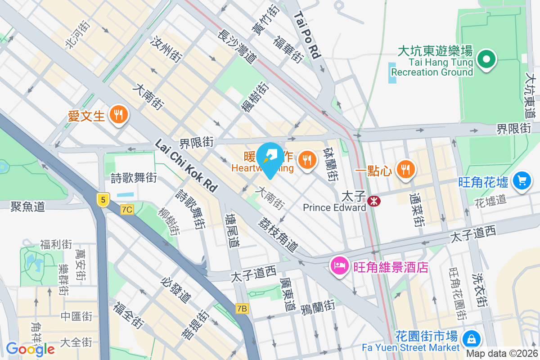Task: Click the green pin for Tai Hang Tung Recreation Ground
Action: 486,59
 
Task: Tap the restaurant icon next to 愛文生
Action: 119,115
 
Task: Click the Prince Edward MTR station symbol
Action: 373,201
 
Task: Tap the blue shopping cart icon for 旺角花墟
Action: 522,181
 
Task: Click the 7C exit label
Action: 127,210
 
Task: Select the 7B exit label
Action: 242,309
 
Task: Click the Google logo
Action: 30,349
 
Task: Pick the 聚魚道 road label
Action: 28,207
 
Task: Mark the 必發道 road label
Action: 176,289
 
